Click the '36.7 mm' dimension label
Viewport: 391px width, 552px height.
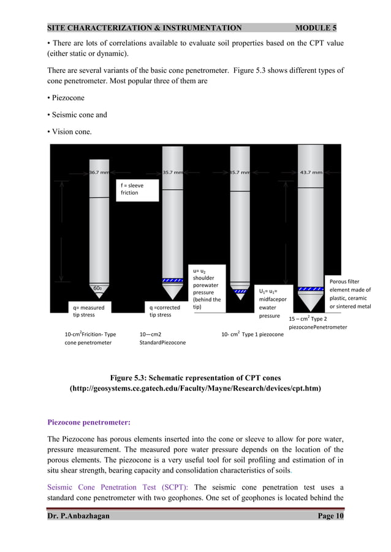[x=99, y=172]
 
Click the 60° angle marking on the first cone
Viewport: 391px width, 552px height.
[x=97, y=288]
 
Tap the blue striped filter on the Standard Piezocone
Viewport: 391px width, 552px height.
[x=173, y=280]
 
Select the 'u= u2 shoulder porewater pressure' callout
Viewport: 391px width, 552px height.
[x=207, y=288]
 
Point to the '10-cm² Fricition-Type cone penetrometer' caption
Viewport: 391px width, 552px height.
[x=91, y=338]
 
